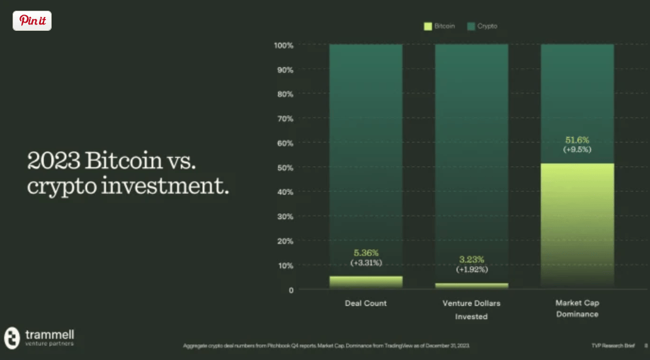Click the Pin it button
[x=32, y=21]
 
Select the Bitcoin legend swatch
[x=428, y=26]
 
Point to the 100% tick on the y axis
[x=284, y=45]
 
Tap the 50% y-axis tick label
[x=285, y=167]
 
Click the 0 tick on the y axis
[x=291, y=290]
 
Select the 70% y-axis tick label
[x=285, y=118]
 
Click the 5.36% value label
[x=366, y=252]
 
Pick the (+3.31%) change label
[x=366, y=262]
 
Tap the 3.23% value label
[x=471, y=259]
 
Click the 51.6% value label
[x=577, y=140]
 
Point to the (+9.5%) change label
[x=577, y=150]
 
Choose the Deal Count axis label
[x=366, y=303]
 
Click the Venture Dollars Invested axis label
[x=471, y=310]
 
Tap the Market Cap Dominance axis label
[x=577, y=308]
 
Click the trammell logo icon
[x=12, y=338]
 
